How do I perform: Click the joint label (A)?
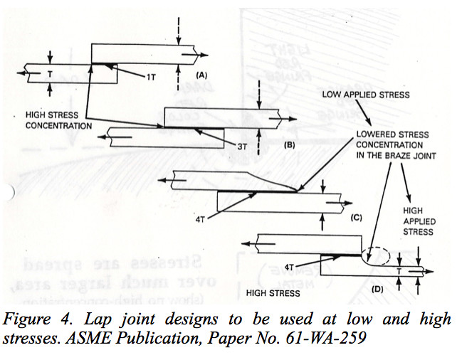(x=201, y=74)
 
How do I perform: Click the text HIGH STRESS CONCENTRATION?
(x=59, y=120)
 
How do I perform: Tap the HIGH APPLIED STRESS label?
(x=418, y=221)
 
